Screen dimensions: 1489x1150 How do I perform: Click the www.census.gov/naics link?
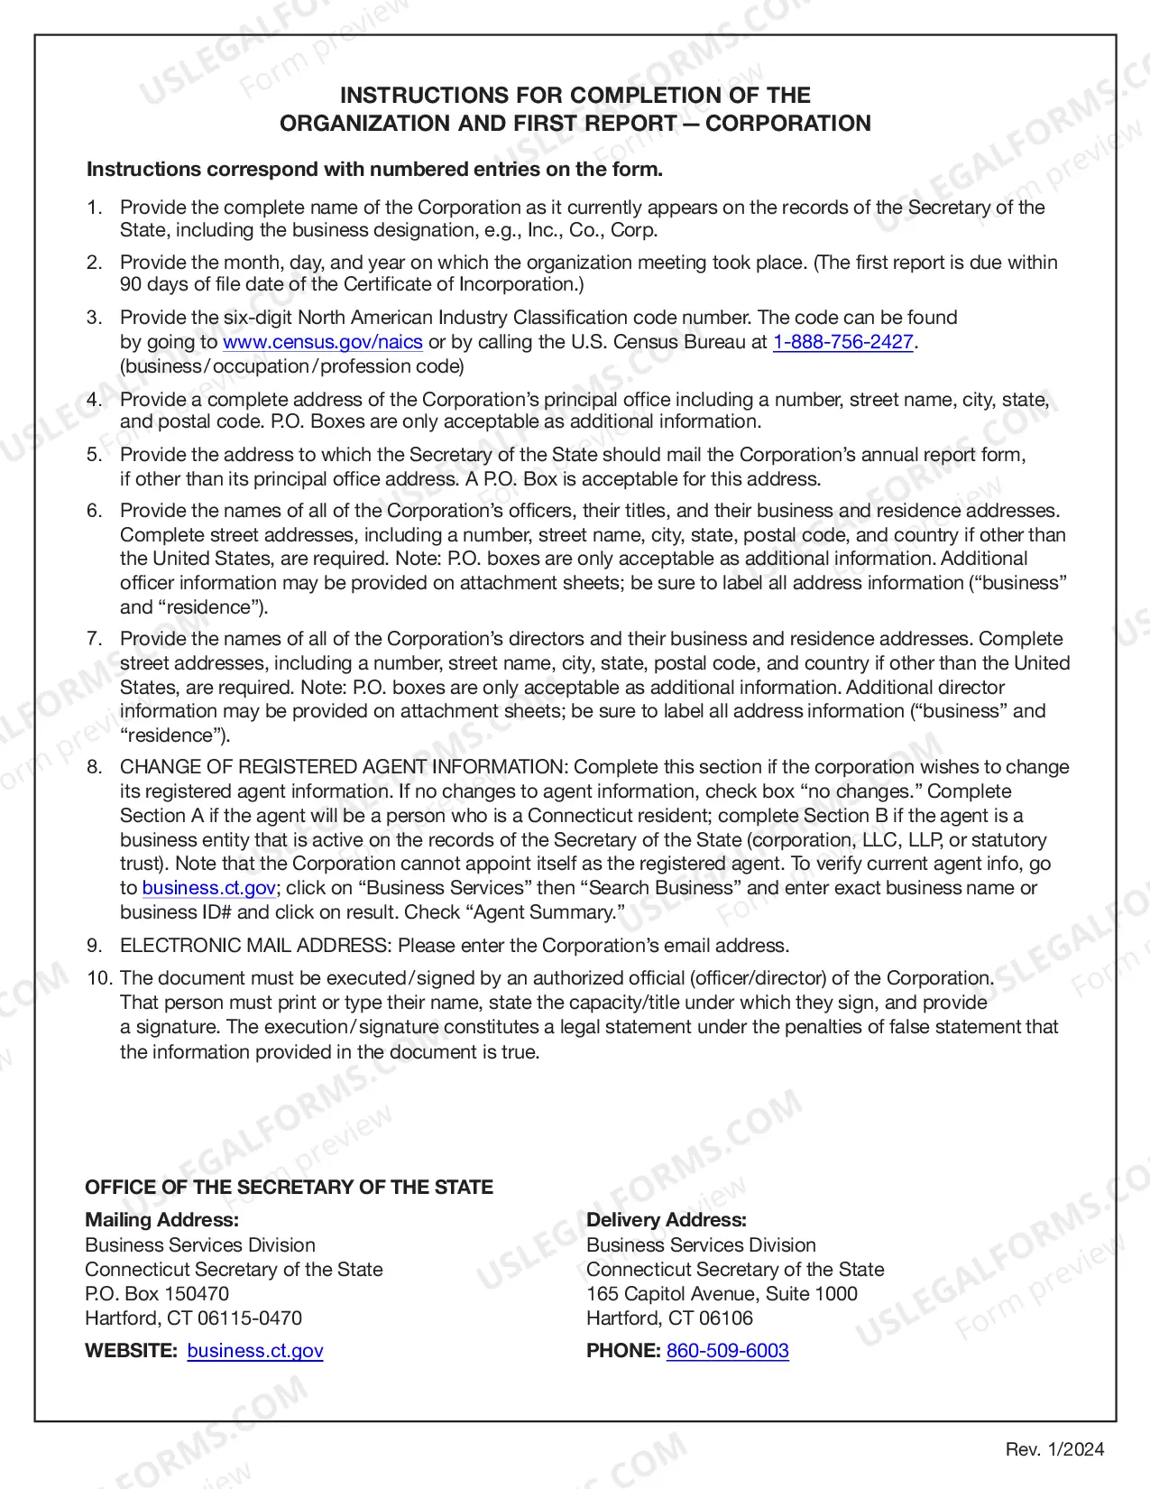[x=323, y=342]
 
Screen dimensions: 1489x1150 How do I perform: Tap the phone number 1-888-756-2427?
[x=843, y=342]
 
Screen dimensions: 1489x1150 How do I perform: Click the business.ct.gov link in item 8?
[x=209, y=888]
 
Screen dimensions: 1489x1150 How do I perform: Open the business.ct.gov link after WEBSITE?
[x=255, y=1351]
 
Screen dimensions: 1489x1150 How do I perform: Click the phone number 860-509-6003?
[x=727, y=1351]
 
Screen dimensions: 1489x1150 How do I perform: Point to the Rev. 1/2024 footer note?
[x=1054, y=1449]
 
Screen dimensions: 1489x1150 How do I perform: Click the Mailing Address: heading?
[x=162, y=1220]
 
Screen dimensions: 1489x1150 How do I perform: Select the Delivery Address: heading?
[x=667, y=1220]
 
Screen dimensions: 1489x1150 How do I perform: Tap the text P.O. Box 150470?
[x=157, y=1294]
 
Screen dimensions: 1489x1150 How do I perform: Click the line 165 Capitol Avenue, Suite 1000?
[x=722, y=1294]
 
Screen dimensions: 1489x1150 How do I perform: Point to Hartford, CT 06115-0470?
[x=194, y=1318]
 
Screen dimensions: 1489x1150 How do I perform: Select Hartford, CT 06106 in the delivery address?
[x=669, y=1318]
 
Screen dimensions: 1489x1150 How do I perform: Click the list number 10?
[x=97, y=978]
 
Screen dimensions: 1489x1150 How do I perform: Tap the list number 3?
[x=94, y=318]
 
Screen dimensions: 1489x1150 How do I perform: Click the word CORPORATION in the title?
[x=787, y=124]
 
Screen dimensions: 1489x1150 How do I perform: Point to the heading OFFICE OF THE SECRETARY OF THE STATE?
[x=289, y=1188]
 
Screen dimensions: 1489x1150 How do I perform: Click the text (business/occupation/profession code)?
[x=292, y=366]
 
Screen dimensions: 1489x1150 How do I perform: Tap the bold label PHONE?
[x=623, y=1351]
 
